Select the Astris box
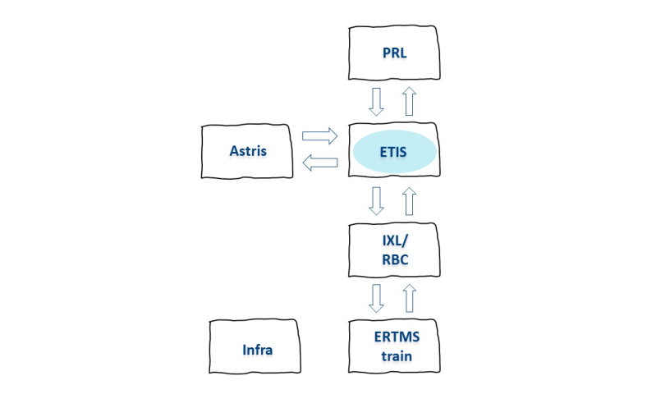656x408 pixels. pos(248,151)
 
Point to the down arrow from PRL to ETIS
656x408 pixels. pos(377,102)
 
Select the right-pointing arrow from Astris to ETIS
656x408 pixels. pos(320,136)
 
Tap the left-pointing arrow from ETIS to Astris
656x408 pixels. pos(320,164)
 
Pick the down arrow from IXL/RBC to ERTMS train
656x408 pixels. pos(377,298)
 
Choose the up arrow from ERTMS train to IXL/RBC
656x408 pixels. pos(410,298)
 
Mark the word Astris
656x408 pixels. pos(248,151)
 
